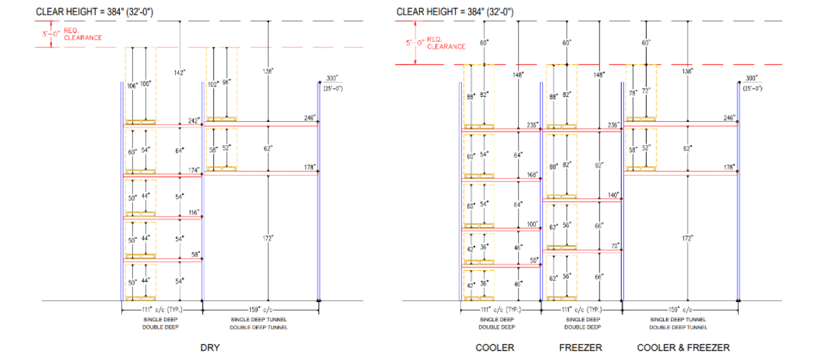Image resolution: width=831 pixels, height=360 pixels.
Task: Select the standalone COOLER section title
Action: [494, 348]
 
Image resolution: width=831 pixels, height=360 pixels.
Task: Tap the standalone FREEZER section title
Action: [578, 348]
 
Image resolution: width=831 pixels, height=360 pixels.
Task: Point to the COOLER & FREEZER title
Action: [683, 348]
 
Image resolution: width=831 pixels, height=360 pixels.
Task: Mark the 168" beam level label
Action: [532, 174]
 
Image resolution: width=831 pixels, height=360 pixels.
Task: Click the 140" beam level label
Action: [612, 195]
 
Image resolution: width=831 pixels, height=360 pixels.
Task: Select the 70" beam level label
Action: [614, 245]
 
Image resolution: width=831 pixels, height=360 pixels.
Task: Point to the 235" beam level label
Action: [532, 125]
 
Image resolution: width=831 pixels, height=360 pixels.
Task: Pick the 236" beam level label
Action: [612, 125]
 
